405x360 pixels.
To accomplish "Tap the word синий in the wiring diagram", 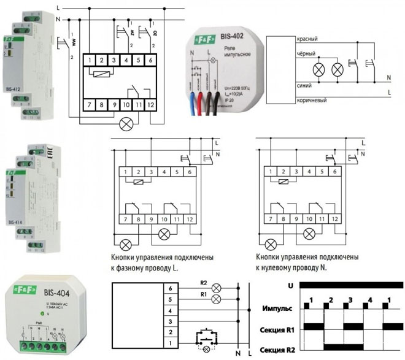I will [305, 86].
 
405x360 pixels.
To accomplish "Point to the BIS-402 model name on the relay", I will [235, 37].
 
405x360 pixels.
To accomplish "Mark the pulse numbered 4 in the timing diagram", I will [371, 299].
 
